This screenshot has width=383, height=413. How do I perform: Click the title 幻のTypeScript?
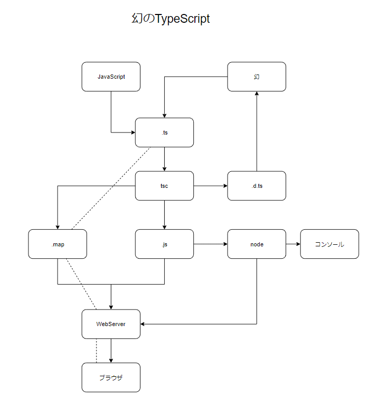(x=171, y=19)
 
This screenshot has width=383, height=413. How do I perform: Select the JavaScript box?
(x=111, y=77)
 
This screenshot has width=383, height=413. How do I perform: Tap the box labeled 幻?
(x=257, y=77)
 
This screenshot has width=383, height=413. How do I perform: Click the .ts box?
(x=164, y=132)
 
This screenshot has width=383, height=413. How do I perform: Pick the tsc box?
(x=164, y=186)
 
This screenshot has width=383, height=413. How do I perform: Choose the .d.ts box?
(x=257, y=186)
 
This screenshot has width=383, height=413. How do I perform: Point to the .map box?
(x=58, y=244)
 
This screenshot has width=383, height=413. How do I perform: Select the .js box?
(x=164, y=244)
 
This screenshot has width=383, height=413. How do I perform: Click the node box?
(x=257, y=244)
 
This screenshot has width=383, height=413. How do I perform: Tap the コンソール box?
(x=330, y=244)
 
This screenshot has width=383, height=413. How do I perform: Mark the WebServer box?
(x=111, y=324)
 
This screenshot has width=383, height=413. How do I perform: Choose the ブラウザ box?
(x=111, y=377)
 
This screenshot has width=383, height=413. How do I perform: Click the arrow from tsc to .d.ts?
(x=210, y=186)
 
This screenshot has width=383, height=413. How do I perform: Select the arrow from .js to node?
(x=210, y=244)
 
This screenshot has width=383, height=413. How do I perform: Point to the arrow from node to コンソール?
(x=293, y=244)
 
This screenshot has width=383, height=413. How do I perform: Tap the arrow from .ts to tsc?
(x=164, y=159)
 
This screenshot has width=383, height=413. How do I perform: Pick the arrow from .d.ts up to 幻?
(x=257, y=131)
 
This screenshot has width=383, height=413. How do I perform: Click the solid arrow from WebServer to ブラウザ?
(x=111, y=351)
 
